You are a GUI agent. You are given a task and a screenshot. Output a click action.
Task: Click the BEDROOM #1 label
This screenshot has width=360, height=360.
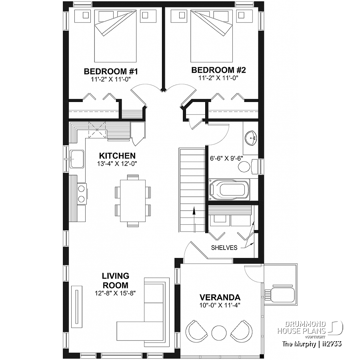coord(111,72)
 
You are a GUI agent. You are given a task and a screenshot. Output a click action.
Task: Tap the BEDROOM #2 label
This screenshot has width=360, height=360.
coord(218,70)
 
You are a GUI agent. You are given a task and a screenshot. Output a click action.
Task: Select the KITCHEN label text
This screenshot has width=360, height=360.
coord(118,156)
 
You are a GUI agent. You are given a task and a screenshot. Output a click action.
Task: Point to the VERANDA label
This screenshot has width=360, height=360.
coord(220,298)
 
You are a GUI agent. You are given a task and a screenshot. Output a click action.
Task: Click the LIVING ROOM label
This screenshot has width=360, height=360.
coord(115,280)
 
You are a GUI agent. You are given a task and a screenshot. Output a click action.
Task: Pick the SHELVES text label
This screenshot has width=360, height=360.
coord(224,248)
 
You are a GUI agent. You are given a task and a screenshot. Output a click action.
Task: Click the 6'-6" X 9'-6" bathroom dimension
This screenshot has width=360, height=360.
coord(227,158)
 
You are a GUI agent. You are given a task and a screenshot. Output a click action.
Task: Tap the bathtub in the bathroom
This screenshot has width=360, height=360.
coord(229,190)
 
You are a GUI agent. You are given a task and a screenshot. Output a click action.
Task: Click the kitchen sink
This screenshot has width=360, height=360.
coord(77,159)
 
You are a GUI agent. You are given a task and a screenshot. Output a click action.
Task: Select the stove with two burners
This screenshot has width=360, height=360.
coord(81,193)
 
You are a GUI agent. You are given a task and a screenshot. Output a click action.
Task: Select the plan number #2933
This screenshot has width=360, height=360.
coord(330,344)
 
